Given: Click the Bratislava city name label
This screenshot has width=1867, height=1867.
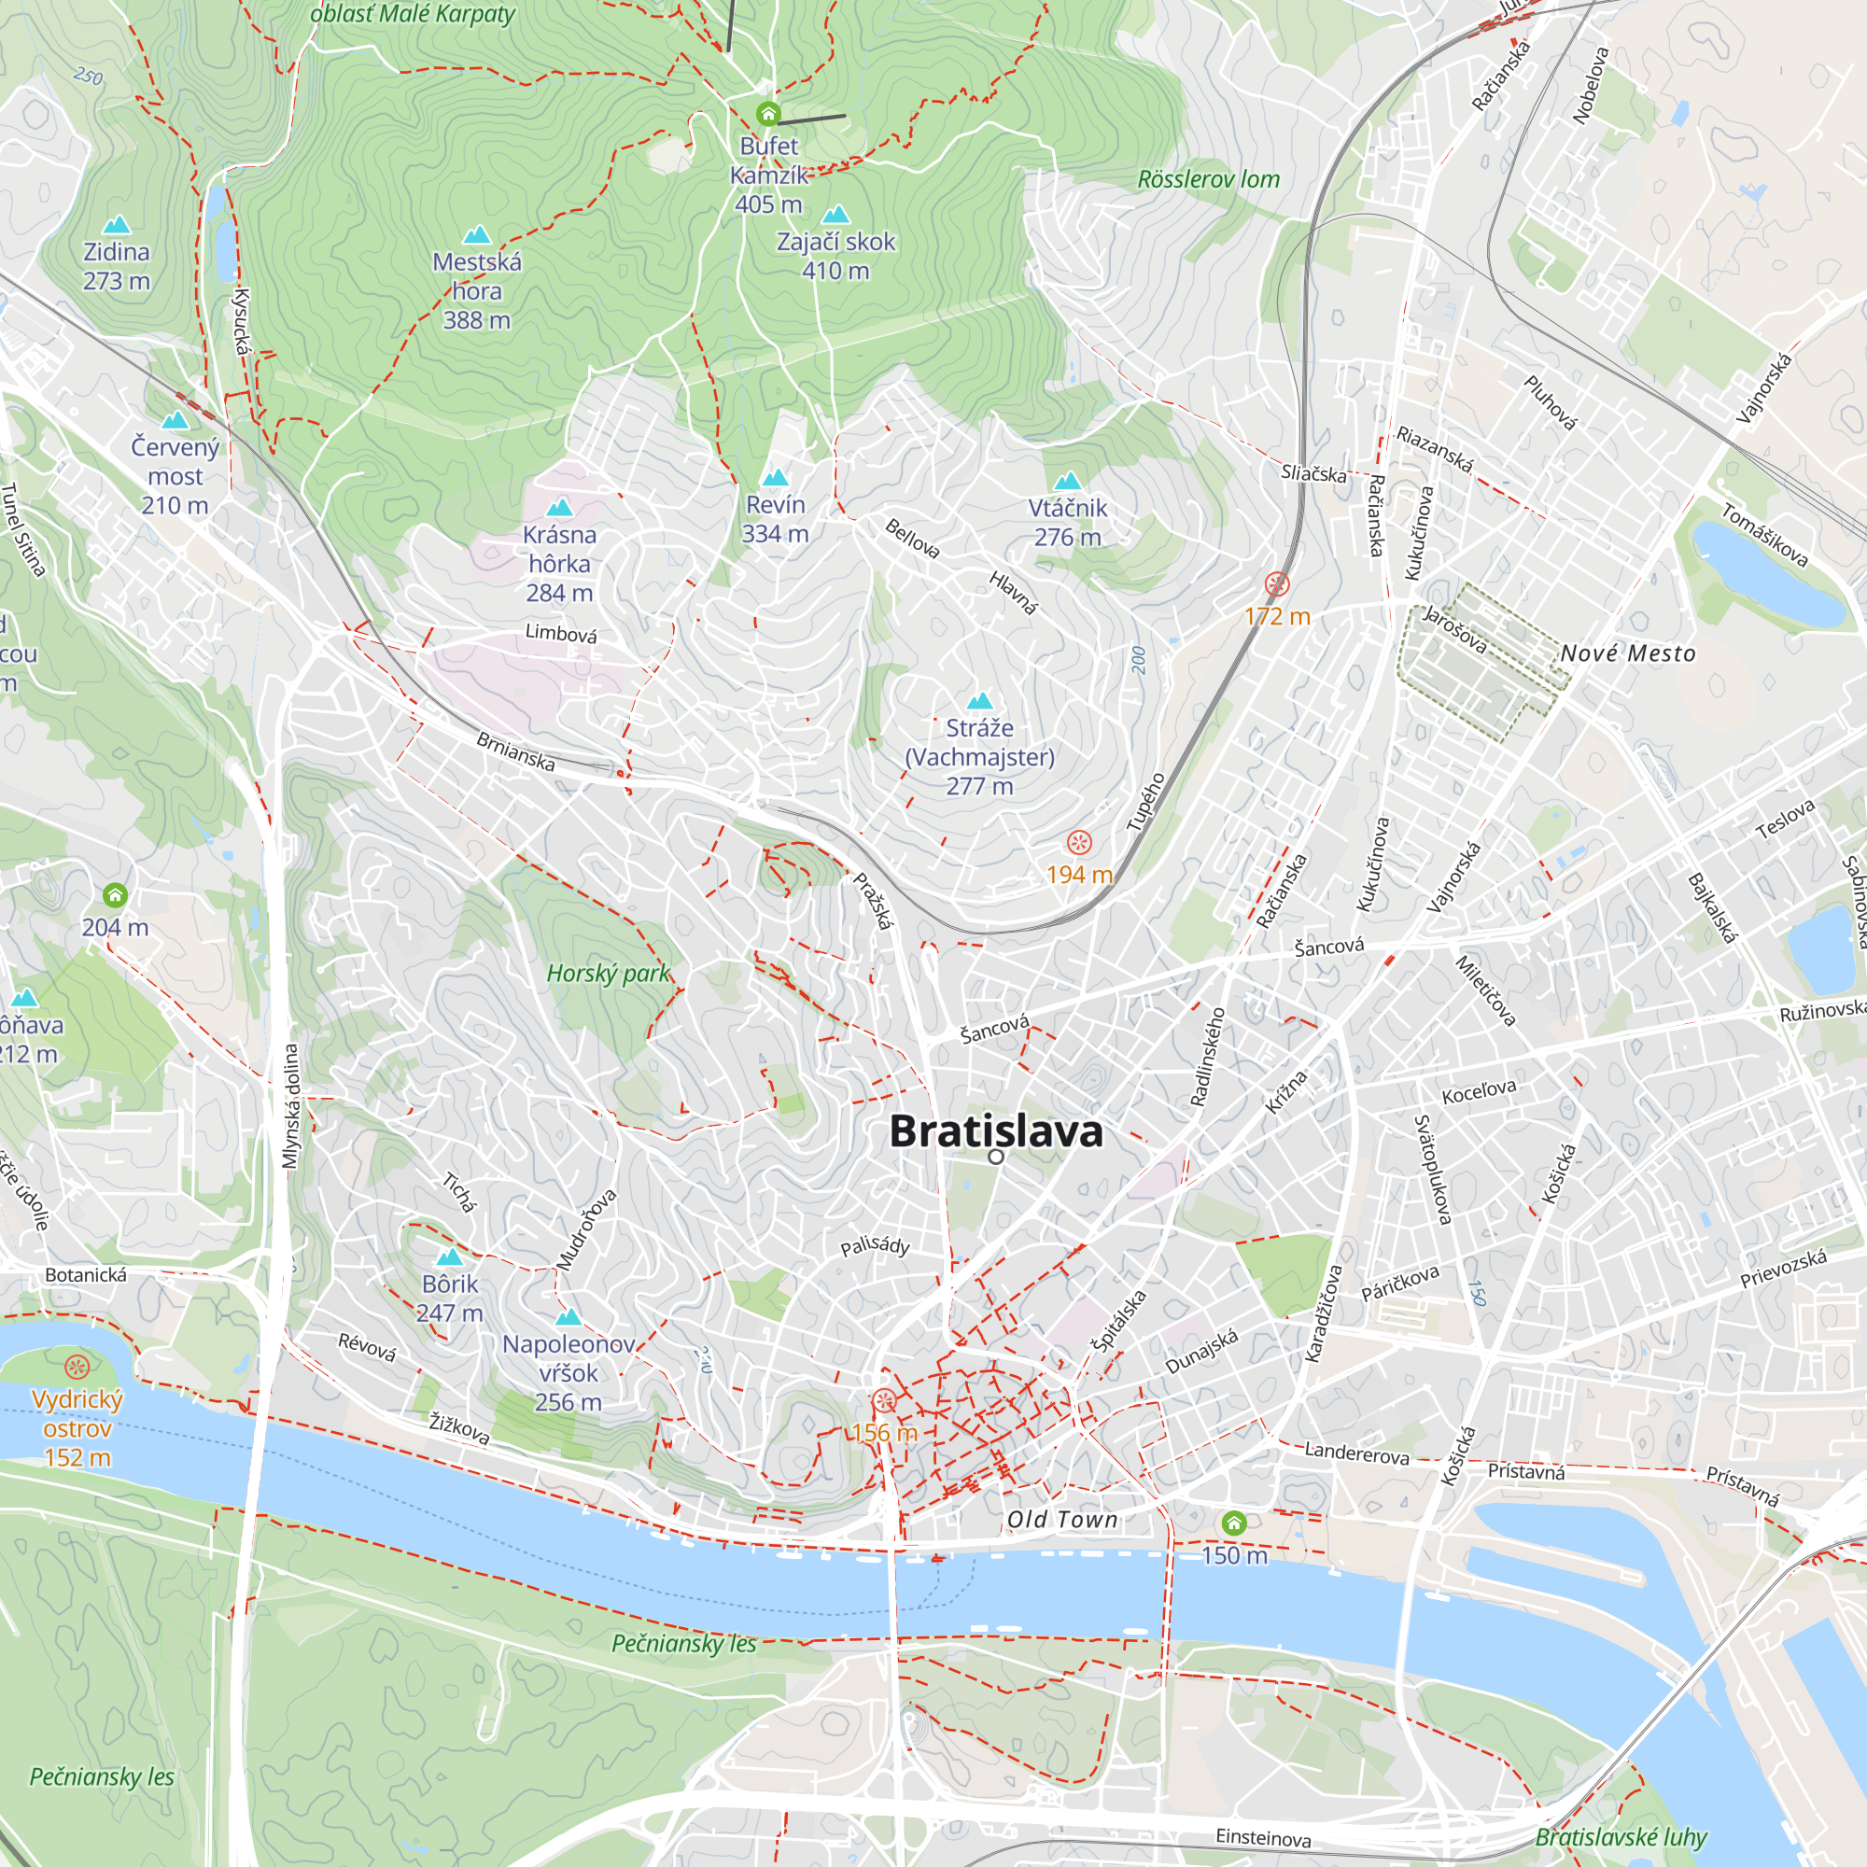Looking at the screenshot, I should pos(995,1131).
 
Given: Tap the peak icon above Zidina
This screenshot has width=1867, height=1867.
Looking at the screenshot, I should pos(117,225).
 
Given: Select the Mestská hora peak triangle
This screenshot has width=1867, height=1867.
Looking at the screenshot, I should pos(476,235).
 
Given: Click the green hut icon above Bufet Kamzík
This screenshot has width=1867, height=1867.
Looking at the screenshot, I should pos(768,114).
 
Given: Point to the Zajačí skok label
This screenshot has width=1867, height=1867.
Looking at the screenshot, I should pos(835,242).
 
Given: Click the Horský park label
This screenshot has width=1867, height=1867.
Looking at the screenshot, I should pos(608,973).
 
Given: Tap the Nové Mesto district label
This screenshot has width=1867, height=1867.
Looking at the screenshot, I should pos(1628,654).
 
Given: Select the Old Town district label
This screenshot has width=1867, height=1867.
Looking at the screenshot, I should pos(1062,1520).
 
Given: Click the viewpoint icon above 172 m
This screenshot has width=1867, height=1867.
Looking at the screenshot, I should pos(1276,583).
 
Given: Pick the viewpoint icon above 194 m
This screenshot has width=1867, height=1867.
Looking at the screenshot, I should pos(1078,843).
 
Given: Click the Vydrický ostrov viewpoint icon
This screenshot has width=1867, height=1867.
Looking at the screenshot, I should pos(77,1367).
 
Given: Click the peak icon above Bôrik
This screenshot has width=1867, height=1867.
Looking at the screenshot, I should pos(449,1257).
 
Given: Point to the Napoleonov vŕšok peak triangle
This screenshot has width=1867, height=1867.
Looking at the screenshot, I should pos(569,1317).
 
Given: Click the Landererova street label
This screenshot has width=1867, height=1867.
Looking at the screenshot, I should pos(1356,1453).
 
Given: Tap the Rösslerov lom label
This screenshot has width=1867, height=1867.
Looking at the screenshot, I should pos(1208,180).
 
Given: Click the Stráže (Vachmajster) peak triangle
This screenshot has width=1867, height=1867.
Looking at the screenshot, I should pos(980,701).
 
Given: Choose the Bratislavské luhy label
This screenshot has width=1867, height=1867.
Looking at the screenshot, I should pos(1621,1837).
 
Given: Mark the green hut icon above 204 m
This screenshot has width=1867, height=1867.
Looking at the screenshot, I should pos(115,895).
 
